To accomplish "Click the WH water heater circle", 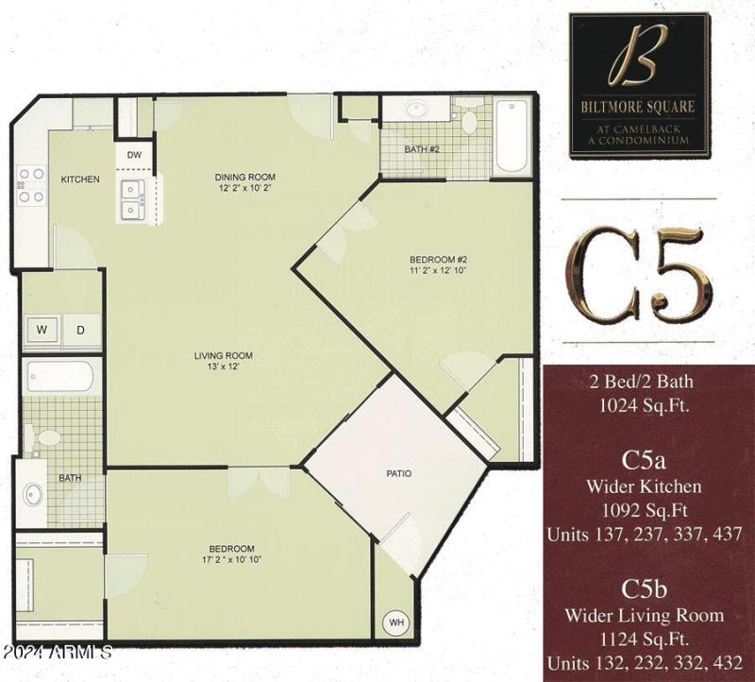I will pos(397,624).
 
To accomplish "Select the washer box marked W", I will pos(42,330).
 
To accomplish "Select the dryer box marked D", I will pos(81,330).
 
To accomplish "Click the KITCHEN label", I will pos(80,179).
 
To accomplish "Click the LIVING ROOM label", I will pos(223,355).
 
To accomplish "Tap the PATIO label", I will pos(398,473).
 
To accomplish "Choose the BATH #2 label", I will pos(422,149).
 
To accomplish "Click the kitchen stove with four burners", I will pos(31,185).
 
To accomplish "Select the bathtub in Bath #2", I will pos(511,134).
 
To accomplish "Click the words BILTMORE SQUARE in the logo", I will pos(638,107).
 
